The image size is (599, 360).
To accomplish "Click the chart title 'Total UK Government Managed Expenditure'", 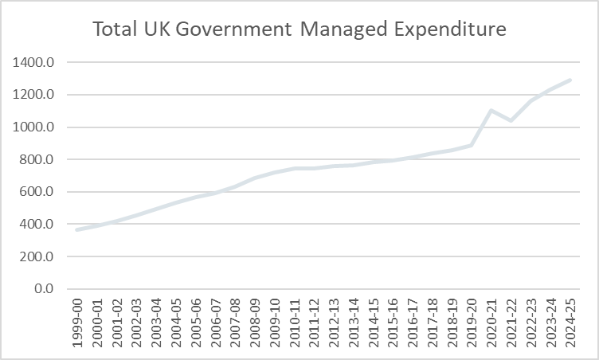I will (x=299, y=30).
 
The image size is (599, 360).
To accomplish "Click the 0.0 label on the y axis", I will (x=45, y=289).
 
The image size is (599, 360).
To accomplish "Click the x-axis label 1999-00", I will (x=77, y=323).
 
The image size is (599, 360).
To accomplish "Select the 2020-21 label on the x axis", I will (x=491, y=323).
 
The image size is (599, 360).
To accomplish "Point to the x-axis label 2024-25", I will (x=570, y=323).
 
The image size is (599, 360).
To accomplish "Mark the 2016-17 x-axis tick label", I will (x=413, y=323).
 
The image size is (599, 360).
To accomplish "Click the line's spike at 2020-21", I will (x=491, y=110).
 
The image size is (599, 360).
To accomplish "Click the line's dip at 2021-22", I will (x=511, y=120).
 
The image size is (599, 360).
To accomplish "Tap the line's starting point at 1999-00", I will (x=76, y=229).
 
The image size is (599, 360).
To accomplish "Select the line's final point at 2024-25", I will (x=570, y=80).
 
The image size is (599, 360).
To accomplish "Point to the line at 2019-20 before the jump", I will (x=471, y=145).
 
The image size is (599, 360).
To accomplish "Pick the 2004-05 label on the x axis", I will (x=177, y=323).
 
